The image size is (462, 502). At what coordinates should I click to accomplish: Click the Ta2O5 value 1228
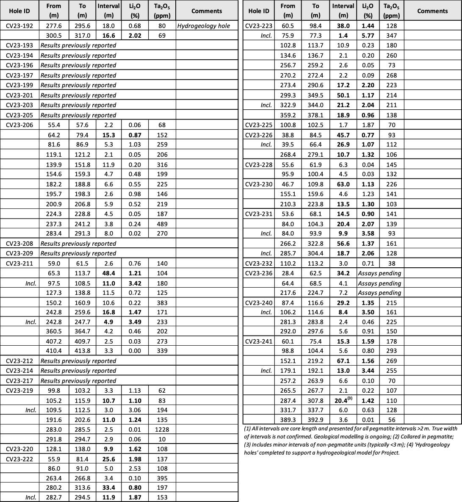point(162,430)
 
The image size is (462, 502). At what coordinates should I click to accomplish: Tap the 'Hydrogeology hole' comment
point(204,26)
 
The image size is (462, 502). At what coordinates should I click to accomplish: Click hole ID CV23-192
point(19,26)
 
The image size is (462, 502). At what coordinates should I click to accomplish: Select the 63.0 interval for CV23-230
point(343,184)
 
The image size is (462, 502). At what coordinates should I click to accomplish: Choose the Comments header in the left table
point(207,11)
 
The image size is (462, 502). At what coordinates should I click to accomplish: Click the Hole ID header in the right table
point(259,11)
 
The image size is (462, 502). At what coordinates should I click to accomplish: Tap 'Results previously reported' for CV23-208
point(78,244)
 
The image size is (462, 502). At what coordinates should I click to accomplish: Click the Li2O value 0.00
point(132,351)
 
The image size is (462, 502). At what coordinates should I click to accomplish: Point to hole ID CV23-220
point(19,449)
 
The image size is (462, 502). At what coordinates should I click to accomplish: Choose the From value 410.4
point(54,351)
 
